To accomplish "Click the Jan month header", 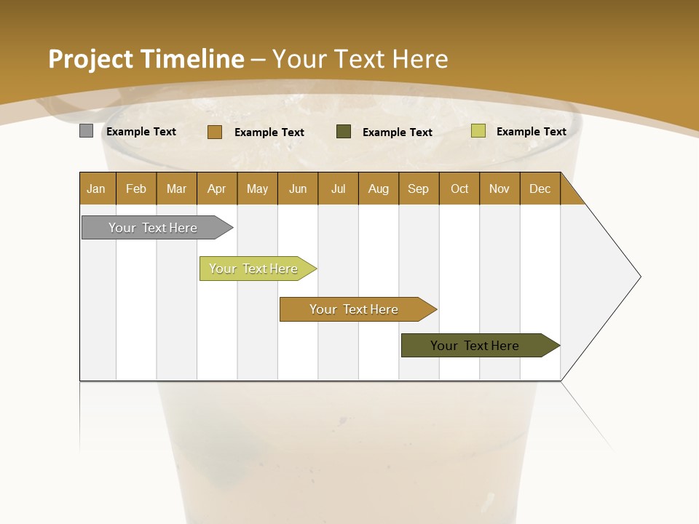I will [97, 188].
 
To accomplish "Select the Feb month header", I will [136, 188].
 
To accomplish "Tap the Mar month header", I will [176, 188].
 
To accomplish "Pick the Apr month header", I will [216, 188].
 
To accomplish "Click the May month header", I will [257, 188].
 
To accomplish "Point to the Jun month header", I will [298, 188].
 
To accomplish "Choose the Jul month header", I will [338, 188].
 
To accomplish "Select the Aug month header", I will [378, 188].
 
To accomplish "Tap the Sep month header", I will [419, 188].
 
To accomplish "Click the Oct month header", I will [459, 188].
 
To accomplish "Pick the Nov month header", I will [499, 188].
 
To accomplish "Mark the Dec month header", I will [540, 188].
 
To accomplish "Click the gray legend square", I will [87, 131].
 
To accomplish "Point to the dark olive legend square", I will [344, 132].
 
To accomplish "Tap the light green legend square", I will [478, 131].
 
